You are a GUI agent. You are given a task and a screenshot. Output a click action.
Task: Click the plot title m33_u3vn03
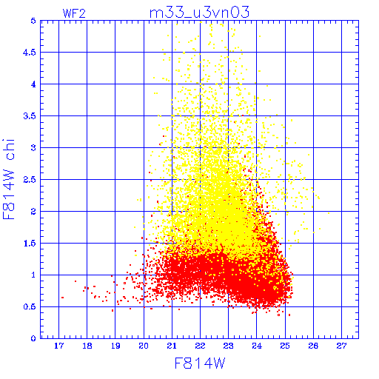click(x=199, y=13)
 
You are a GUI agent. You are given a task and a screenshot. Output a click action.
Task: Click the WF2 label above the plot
click(x=74, y=13)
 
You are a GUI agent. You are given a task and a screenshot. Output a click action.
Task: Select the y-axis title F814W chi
click(x=9, y=179)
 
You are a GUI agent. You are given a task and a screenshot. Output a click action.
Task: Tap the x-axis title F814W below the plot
click(x=200, y=363)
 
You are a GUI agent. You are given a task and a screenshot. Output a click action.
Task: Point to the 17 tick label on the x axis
click(x=58, y=346)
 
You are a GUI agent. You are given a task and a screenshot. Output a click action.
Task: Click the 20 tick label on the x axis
click(x=144, y=346)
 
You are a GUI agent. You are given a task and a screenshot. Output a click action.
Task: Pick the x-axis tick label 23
click(x=228, y=346)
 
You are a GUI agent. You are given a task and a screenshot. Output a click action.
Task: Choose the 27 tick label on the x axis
click(x=341, y=346)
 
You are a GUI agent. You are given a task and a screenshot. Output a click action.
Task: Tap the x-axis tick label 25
click(x=285, y=346)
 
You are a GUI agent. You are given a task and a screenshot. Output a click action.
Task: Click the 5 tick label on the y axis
click(x=33, y=21)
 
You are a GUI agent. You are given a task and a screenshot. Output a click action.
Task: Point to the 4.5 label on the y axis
click(x=30, y=53)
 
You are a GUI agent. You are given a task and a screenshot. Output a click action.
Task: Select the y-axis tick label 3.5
click(x=30, y=116)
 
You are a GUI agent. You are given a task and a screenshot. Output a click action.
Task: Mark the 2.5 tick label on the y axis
click(x=30, y=180)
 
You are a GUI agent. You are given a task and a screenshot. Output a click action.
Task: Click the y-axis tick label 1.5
click(x=30, y=244)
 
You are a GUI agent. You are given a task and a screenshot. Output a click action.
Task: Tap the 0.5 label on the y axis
click(x=30, y=306)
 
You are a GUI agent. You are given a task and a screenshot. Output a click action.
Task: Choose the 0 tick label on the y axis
click(x=33, y=338)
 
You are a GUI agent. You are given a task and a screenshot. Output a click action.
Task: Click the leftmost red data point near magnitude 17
click(x=62, y=298)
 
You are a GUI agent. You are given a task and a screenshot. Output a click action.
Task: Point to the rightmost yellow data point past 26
click(x=329, y=213)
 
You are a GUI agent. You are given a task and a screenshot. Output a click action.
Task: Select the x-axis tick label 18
click(x=87, y=346)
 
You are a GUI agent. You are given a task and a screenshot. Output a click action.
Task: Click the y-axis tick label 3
click(x=33, y=148)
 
